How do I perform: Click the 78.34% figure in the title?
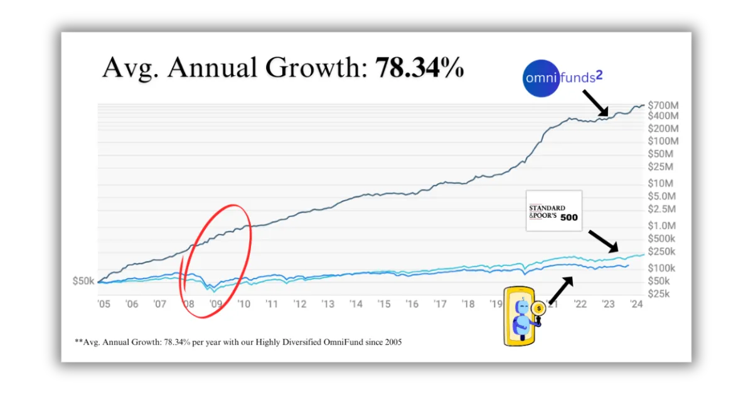[x=420, y=67]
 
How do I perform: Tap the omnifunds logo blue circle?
[x=541, y=78]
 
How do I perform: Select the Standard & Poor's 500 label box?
[x=554, y=211]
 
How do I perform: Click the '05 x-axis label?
[x=104, y=304]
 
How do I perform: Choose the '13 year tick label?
[x=328, y=304]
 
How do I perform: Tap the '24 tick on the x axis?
[x=636, y=304]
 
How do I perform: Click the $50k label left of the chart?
[x=83, y=281]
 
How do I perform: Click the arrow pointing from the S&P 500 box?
[x=604, y=242]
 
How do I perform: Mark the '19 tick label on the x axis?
[x=496, y=304]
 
